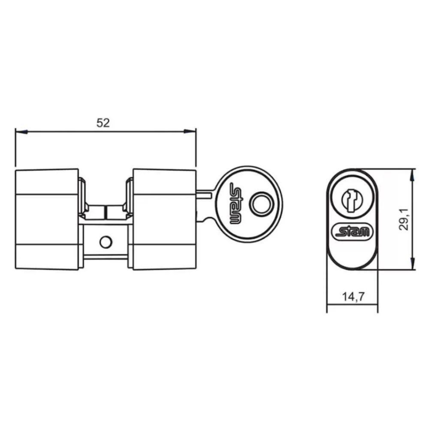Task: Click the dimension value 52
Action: coord(103,123)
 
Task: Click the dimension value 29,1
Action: coord(404,219)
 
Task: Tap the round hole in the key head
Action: coord(261,203)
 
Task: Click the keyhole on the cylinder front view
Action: coord(352,200)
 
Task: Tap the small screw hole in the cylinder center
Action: coord(104,242)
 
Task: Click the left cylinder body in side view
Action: coord(47,219)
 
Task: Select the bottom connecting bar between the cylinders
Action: coord(105,257)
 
